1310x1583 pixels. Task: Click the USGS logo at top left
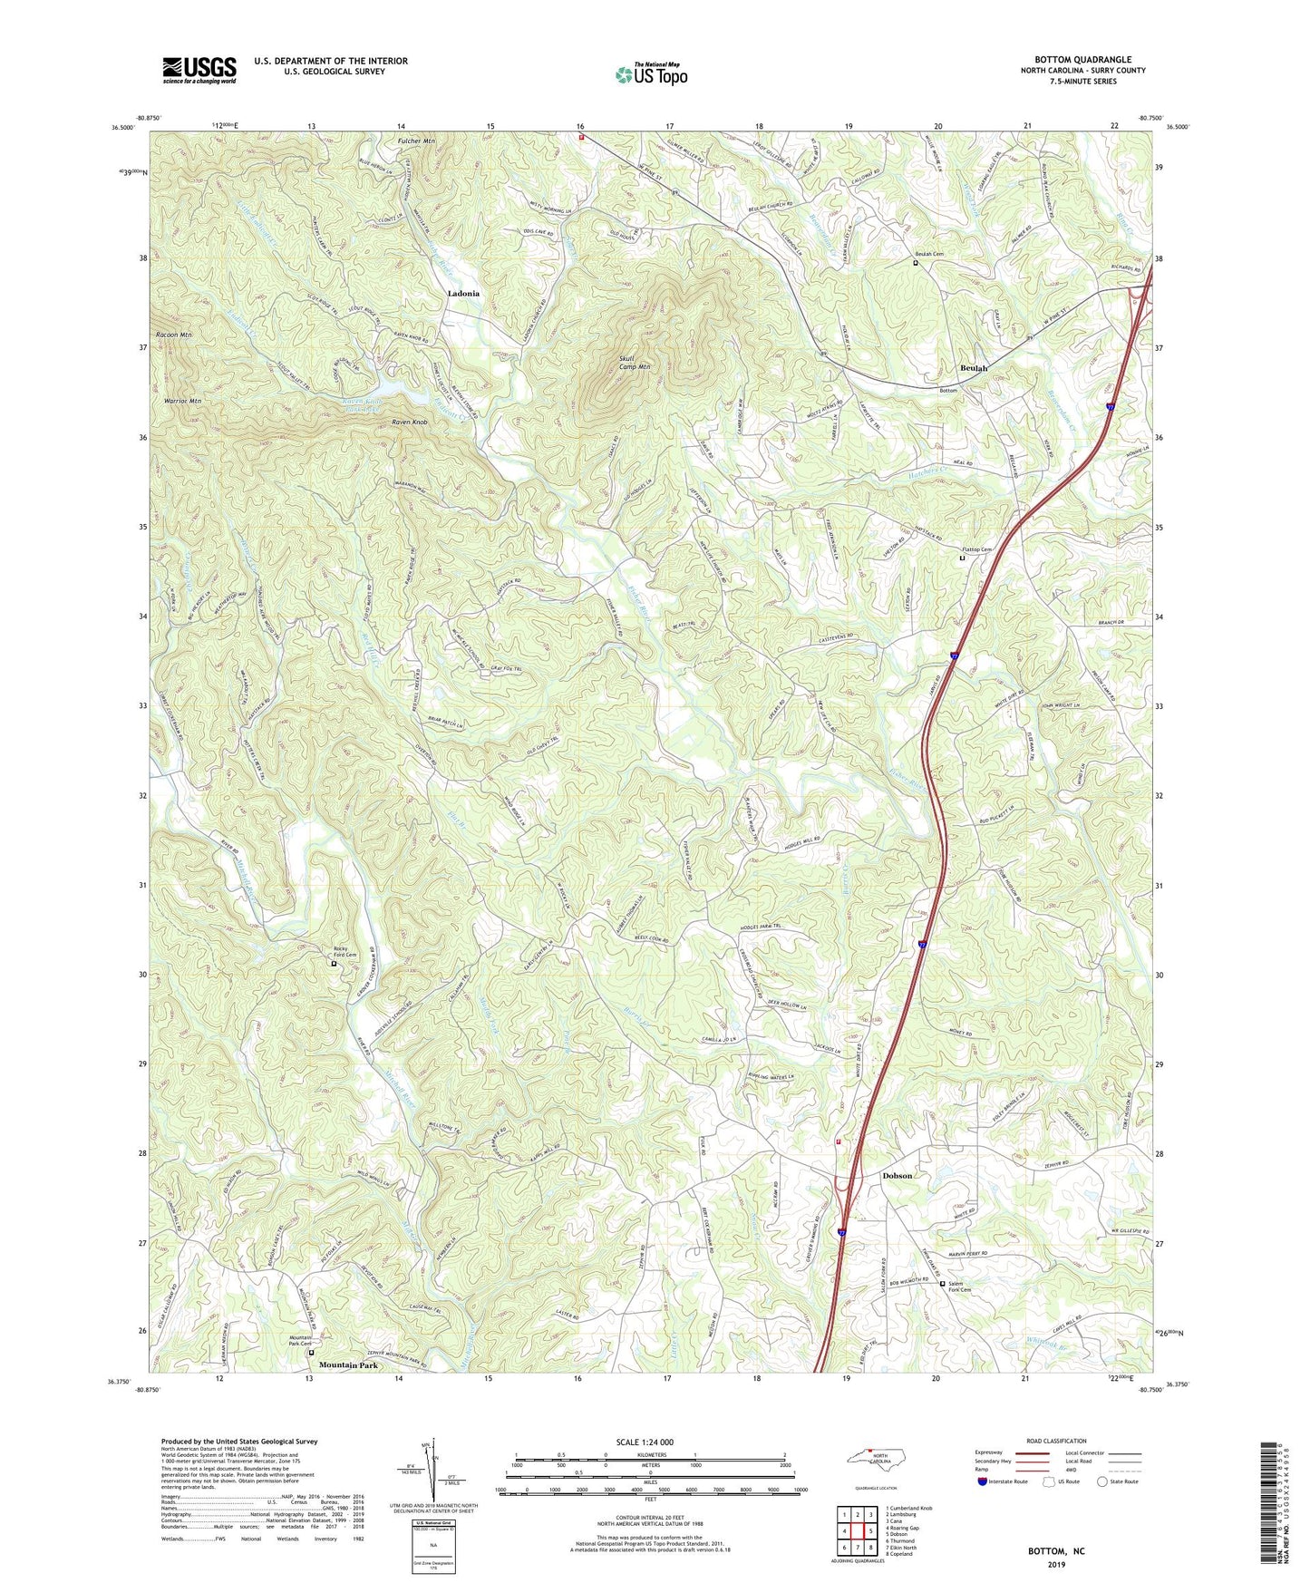pos(199,69)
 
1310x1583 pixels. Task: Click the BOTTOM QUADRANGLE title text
pos(1082,60)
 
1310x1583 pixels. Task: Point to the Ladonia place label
pos(463,295)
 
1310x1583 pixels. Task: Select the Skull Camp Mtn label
pos(634,363)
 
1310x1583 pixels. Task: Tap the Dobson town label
pos(898,1175)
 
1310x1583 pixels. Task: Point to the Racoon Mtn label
pos(174,335)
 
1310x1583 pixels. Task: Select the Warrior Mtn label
pos(182,401)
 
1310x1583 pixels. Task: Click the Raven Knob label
pos(409,423)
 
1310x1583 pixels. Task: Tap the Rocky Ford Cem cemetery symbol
pos(333,965)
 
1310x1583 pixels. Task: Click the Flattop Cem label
pos(977,549)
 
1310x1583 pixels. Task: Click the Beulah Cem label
pos(929,255)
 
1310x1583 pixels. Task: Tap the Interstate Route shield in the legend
pos(984,1481)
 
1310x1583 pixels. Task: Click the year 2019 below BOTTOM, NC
pos(1056,1564)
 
